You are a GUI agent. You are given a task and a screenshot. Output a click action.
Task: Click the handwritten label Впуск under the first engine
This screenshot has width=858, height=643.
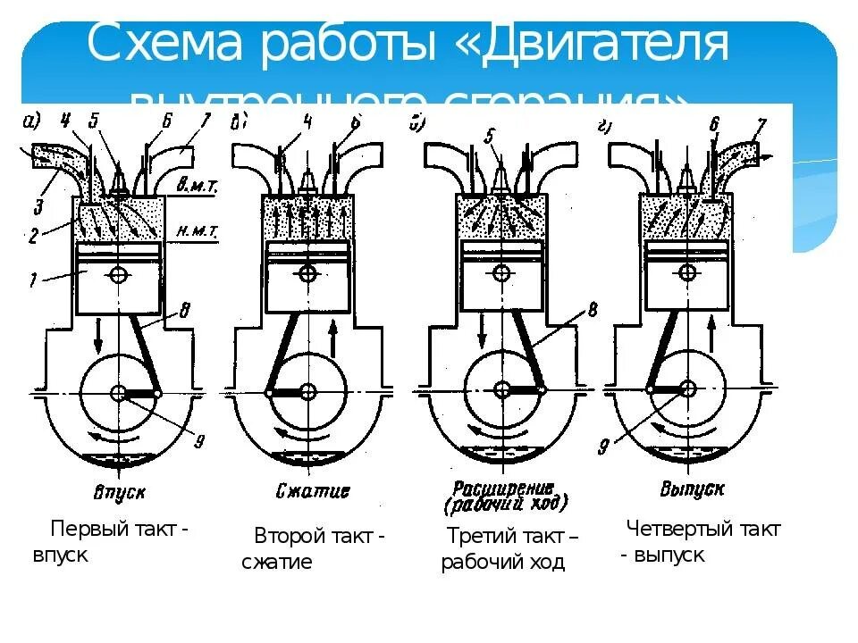tap(118, 492)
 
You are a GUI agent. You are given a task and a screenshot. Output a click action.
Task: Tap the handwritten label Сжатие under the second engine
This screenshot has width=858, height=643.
tap(309, 491)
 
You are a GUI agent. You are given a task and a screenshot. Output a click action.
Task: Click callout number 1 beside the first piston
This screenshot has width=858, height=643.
tap(33, 280)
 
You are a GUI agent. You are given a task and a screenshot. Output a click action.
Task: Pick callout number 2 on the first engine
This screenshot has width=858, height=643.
tap(31, 238)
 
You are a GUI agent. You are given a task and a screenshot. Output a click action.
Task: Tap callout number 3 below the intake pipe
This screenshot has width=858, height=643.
tap(38, 207)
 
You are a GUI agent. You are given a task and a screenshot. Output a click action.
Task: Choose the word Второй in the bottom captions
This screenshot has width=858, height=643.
tap(285, 536)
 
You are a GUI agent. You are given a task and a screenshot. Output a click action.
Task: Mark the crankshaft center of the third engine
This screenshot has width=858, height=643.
tap(502, 390)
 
